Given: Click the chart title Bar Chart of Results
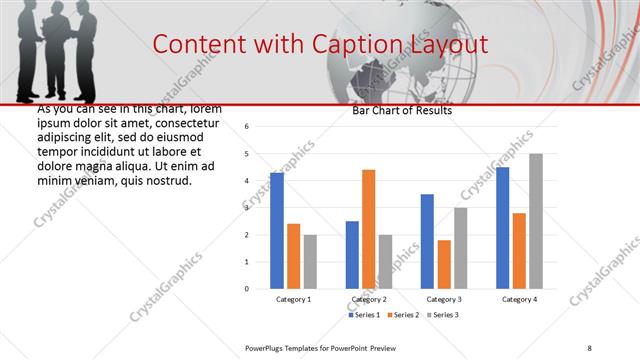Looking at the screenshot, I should [401, 111].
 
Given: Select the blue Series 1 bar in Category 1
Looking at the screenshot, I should [277, 231].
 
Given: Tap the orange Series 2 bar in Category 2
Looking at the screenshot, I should [368, 229].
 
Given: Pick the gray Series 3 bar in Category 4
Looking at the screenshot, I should [536, 221].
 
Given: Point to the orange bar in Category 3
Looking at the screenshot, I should [444, 264].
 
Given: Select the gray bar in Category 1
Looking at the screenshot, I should [310, 262].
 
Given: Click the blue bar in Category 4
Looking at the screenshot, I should [502, 228].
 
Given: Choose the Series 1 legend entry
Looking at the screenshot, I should [365, 315].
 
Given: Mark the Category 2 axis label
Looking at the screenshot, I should [368, 299].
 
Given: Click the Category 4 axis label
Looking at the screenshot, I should [519, 299].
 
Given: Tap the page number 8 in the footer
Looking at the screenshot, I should [589, 348].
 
